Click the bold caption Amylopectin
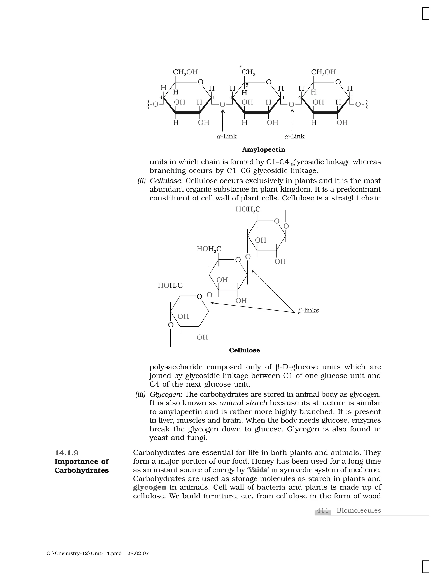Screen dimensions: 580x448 263,150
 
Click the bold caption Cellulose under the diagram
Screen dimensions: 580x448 244,350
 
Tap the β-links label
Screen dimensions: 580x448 308,310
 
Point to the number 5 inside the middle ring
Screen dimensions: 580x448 247,85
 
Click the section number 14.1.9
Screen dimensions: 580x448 67,453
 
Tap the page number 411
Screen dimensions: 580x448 323,510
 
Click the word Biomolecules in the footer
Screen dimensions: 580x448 359,510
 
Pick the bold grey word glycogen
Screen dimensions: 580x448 150,488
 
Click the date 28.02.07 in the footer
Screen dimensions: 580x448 138,554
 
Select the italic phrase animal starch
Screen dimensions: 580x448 243,403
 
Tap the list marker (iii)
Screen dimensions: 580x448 141,395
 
